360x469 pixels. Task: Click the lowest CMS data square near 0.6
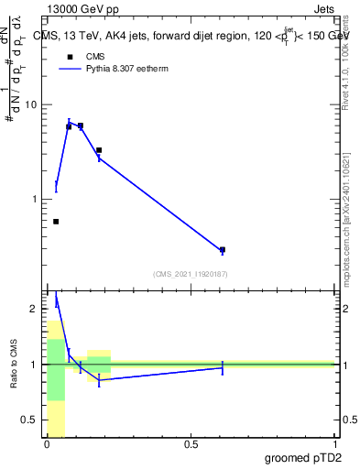(222, 249)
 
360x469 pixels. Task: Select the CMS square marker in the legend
(69, 58)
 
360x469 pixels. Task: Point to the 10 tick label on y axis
(32, 105)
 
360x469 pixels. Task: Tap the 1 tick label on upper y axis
(35, 199)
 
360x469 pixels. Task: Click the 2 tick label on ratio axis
(35, 309)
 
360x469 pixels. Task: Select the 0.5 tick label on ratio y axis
(29, 420)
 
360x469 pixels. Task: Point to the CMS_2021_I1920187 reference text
(190, 273)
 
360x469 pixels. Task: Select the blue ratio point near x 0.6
(222, 367)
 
